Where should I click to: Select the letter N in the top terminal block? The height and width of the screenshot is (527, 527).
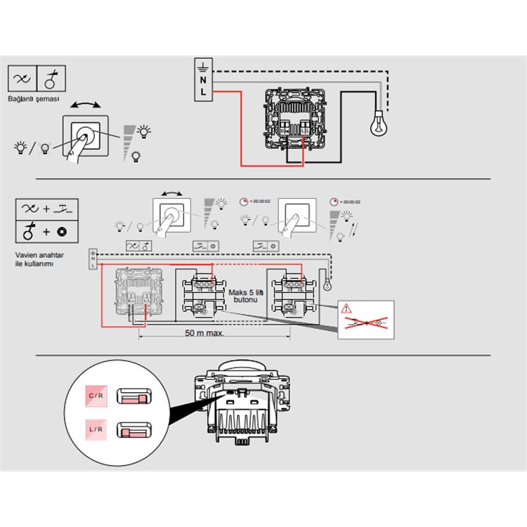coord(204,80)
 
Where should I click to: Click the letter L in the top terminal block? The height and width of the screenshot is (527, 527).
coord(204,92)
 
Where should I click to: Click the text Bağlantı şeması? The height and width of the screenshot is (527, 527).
coord(34,100)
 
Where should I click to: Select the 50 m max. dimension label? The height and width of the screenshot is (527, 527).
coord(204,332)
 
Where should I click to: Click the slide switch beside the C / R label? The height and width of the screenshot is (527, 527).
coord(133,398)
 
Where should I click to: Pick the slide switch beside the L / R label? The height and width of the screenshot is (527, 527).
coord(133,429)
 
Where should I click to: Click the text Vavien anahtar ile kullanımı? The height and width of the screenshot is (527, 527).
coord(34,260)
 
